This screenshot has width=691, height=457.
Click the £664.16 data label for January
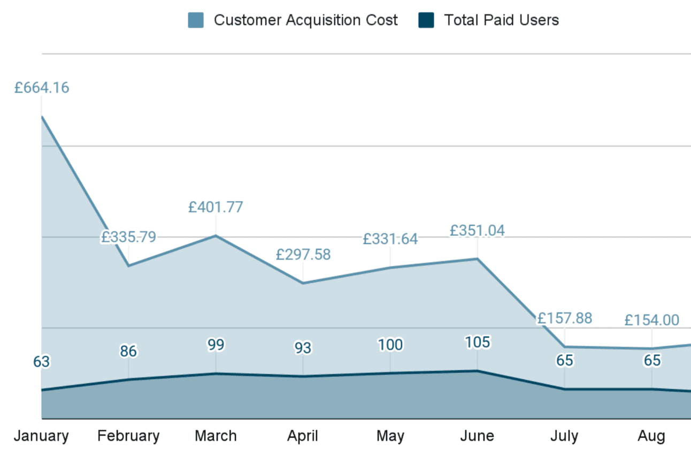(42, 88)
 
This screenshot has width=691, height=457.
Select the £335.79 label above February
(128, 237)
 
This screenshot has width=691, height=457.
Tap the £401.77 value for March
(216, 207)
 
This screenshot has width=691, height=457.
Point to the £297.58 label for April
(303, 255)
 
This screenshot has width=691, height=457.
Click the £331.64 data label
(390, 239)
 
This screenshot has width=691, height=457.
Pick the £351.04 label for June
(477, 231)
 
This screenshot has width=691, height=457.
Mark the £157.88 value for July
(565, 318)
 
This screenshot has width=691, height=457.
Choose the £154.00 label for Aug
(651, 321)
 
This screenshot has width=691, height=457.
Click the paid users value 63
(41, 362)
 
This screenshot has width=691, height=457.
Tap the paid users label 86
(128, 352)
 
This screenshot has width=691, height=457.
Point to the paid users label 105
(477, 342)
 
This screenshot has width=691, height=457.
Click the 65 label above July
(565, 361)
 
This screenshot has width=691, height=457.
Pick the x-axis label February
(128, 436)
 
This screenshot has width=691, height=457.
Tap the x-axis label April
(303, 436)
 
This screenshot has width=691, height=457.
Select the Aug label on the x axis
(651, 436)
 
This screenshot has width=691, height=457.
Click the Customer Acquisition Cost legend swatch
(196, 20)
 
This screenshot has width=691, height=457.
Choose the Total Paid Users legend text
(501, 20)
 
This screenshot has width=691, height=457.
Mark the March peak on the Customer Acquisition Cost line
(216, 235)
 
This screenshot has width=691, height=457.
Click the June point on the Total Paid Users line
(477, 370)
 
